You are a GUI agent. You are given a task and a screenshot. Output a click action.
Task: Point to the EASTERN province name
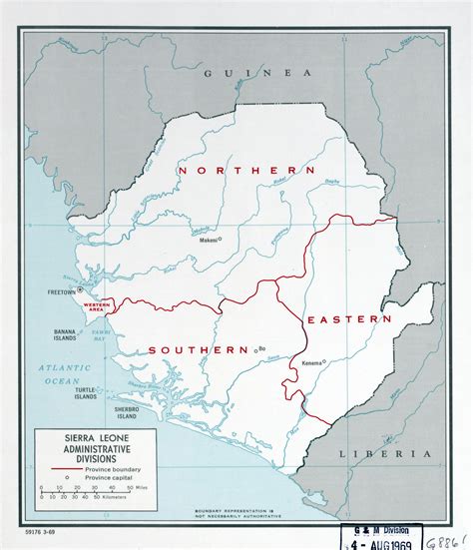point(348,318)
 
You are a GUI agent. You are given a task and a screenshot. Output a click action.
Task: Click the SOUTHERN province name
point(198,349)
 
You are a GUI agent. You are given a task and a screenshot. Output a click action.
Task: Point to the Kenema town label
point(312,362)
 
